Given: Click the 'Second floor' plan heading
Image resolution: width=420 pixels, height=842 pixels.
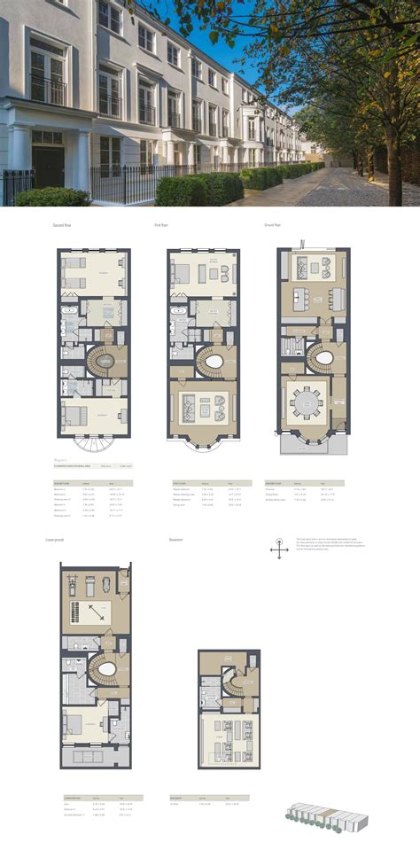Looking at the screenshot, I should click(62, 225).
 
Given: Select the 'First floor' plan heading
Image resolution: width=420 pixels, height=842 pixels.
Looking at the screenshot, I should click(161, 225).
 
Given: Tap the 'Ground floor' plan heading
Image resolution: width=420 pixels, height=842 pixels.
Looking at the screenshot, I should click(271, 225).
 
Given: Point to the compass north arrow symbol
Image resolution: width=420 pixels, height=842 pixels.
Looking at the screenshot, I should click(279, 550).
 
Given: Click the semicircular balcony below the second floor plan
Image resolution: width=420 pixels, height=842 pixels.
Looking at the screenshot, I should click(93, 444).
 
